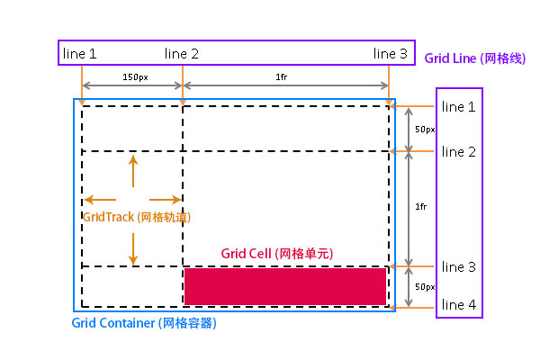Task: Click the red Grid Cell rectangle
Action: tap(285, 286)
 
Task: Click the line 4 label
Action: tap(459, 305)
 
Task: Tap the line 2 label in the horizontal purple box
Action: tap(182, 54)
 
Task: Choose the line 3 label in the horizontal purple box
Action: tap(391, 54)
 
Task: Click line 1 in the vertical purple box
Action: tap(459, 107)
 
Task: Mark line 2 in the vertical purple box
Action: tap(459, 151)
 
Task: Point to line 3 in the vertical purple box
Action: tap(459, 267)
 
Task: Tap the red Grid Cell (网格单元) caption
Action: tap(276, 254)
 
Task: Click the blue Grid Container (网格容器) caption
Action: tap(143, 322)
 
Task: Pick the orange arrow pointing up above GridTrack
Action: tap(133, 171)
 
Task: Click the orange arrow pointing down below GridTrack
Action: tap(133, 249)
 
